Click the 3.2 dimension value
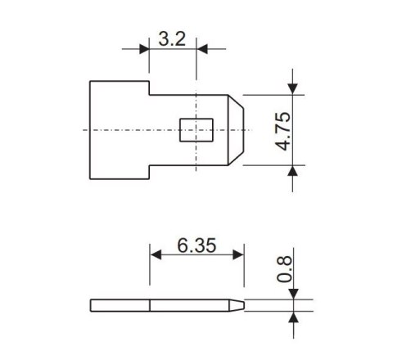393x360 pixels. tap(171, 38)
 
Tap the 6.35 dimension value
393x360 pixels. tap(196, 245)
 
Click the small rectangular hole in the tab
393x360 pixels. tap(196, 130)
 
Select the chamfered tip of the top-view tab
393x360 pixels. tap(237, 130)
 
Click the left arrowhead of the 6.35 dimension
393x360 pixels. tap(154, 254)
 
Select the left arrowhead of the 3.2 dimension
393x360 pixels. tap(144, 49)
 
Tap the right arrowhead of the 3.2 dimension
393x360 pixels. tap(201, 49)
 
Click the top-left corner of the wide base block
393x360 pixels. tap(90, 80)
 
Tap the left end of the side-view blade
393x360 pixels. tap(91, 305)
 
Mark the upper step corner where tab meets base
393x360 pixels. tap(149, 93)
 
